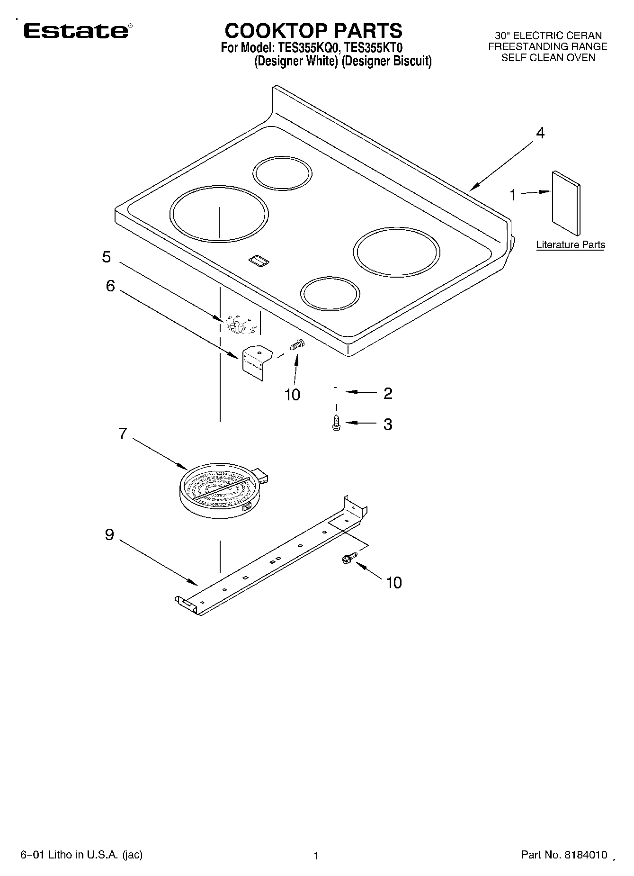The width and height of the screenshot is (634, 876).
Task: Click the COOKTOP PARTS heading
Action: click(x=313, y=31)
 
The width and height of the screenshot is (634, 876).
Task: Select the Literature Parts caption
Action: click(x=570, y=245)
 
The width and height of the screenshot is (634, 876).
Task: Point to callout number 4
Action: click(x=540, y=133)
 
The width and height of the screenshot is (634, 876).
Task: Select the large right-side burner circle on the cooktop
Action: click(x=397, y=253)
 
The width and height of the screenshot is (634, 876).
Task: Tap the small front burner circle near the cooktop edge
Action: click(x=330, y=294)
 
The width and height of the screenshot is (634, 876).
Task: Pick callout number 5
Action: click(x=107, y=257)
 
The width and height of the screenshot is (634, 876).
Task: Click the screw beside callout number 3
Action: click(x=336, y=423)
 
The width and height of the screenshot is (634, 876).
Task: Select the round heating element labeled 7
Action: click(x=221, y=491)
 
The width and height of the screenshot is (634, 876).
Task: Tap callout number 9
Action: click(x=109, y=535)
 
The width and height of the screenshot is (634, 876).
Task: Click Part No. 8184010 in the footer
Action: click(x=563, y=855)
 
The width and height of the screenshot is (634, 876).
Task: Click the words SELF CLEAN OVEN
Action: click(x=548, y=58)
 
